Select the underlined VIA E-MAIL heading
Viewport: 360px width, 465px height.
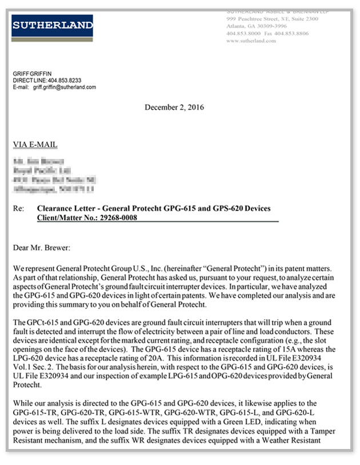click(x=35, y=145)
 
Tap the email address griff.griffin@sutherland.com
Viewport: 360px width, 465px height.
click(x=65, y=88)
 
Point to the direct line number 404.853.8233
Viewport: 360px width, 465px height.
click(x=65, y=81)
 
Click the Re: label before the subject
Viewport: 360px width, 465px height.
click(x=18, y=208)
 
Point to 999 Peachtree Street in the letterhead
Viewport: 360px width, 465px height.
click(x=251, y=19)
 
